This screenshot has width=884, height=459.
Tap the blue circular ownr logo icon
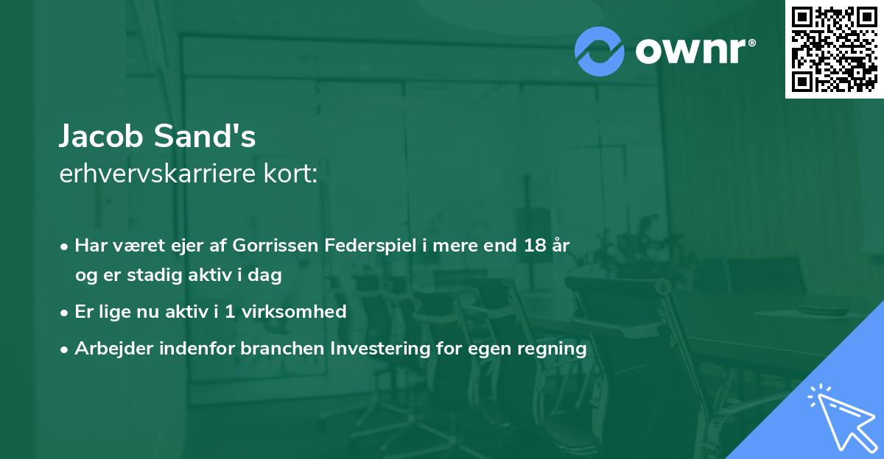pos(599,51)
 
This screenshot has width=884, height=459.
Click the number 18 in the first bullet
pos(533,246)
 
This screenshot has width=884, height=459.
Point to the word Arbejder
pos(108,348)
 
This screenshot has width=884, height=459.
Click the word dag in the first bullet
pos(268,275)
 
